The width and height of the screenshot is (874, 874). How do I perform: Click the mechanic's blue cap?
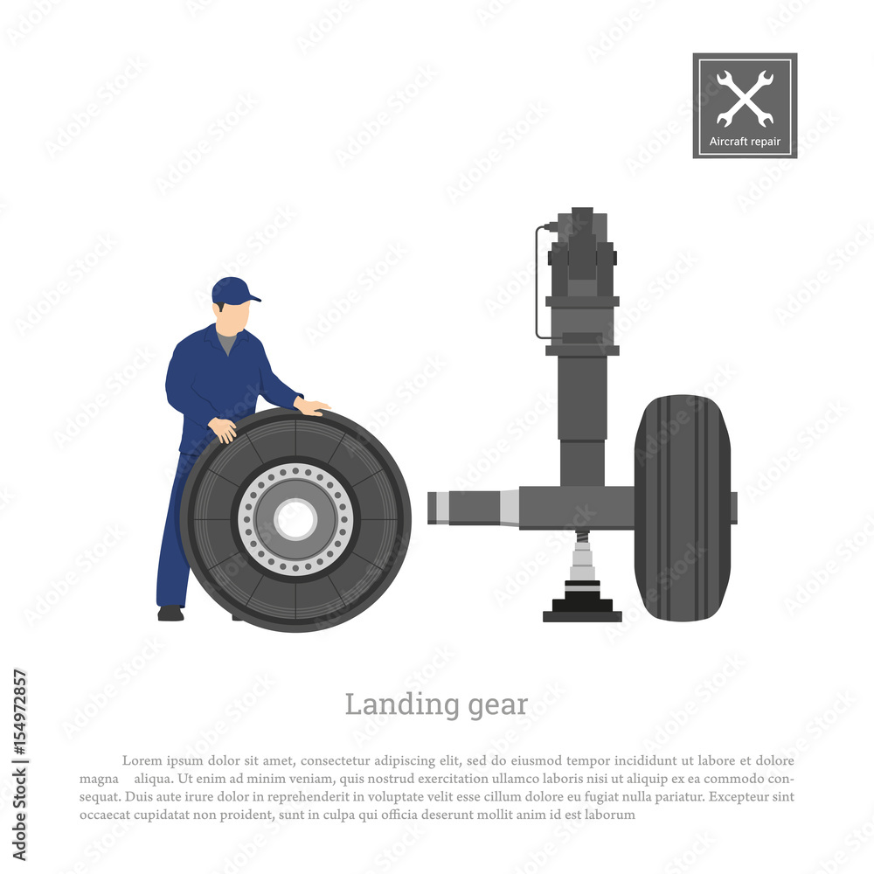click(x=232, y=290)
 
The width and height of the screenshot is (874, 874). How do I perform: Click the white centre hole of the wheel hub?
click(x=295, y=519)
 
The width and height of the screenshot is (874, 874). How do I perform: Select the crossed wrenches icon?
click(x=745, y=98)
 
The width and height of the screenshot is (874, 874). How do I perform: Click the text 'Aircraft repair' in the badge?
click(x=745, y=142)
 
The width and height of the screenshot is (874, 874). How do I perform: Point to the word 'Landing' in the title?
click(x=388, y=704)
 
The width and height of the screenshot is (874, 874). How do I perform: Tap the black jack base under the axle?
click(x=582, y=610)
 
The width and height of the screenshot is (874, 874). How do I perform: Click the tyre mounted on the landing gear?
click(x=683, y=507)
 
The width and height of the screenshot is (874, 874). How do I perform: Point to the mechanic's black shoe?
click(x=170, y=614)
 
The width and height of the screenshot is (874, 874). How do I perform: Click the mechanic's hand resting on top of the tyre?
click(x=312, y=406)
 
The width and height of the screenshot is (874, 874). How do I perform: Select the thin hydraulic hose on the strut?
click(x=536, y=280)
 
